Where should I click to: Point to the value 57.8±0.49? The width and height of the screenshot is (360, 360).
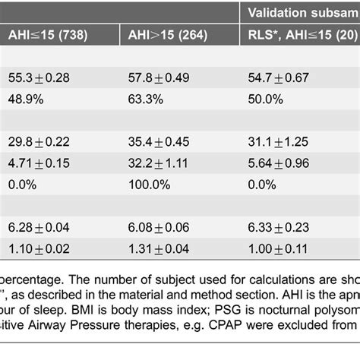pos(160,79)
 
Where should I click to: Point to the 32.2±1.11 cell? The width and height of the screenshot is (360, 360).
pos(160,163)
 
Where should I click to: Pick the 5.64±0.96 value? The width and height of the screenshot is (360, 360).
pos(285,163)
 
